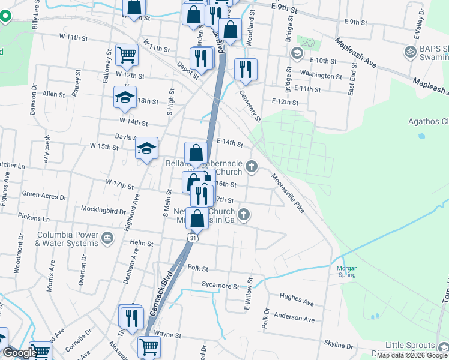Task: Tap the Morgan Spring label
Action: [346, 271]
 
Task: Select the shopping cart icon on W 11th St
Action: [127, 55]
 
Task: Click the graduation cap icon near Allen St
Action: [124, 98]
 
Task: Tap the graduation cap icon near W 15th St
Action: [146, 149]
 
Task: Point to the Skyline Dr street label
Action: [339, 346]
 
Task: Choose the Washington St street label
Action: [321, 76]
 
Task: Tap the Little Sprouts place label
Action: [418, 345]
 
